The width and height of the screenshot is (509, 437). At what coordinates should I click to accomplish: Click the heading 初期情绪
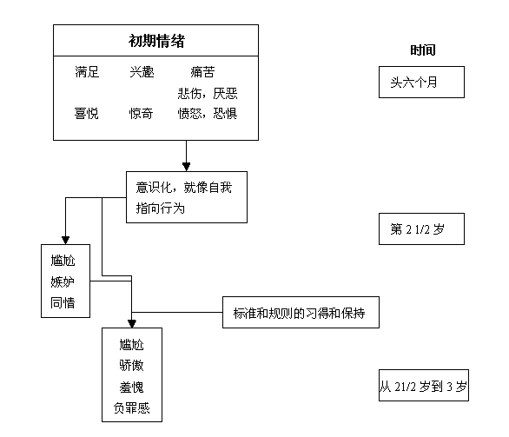(x=156, y=41)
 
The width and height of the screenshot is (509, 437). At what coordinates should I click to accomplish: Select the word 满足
(x=88, y=72)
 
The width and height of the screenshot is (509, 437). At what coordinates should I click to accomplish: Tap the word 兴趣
(x=142, y=72)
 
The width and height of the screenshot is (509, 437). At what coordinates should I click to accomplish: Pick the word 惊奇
(x=142, y=113)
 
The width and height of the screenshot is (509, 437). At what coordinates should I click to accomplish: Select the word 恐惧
(x=224, y=113)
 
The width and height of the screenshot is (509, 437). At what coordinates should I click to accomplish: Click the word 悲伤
(x=190, y=93)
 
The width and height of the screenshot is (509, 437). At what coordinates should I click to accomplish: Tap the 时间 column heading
(x=423, y=50)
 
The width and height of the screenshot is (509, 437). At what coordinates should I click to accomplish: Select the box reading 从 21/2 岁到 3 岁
(x=423, y=386)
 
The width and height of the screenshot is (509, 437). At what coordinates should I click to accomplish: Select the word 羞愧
(x=132, y=386)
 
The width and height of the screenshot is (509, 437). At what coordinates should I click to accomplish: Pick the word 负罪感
(x=132, y=407)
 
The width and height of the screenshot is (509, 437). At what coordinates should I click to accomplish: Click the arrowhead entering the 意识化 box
(x=186, y=165)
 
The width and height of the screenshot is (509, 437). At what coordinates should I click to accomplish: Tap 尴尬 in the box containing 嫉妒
(x=64, y=260)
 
